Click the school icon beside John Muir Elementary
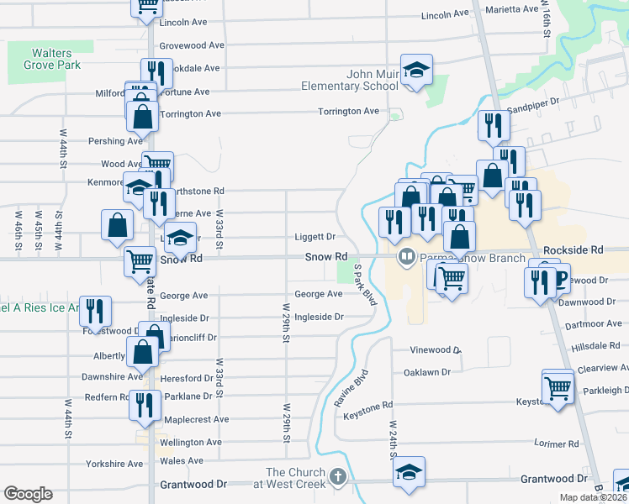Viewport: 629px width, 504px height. click(415, 71)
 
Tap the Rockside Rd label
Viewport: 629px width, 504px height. click(573, 250)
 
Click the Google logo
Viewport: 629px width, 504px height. click(28, 494)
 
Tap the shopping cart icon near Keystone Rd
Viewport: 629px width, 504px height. click(558, 387)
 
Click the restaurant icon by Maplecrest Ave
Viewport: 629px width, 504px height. click(145, 406)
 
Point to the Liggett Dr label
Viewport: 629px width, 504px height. click(314, 237)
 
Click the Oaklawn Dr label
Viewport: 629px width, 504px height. click(427, 371)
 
